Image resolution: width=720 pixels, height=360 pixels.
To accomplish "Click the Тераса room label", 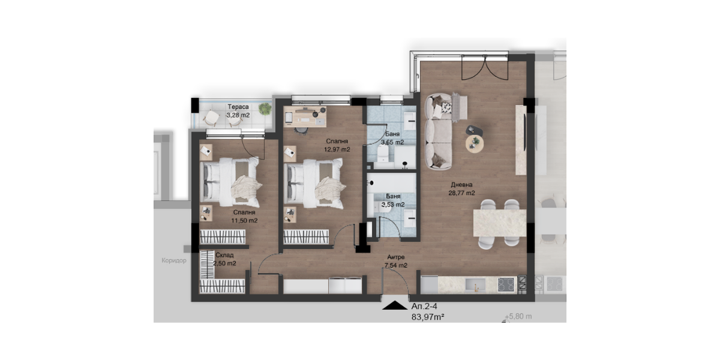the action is pyautogui.click(x=238, y=107).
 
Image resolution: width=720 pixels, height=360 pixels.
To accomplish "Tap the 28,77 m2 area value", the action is pyautogui.click(x=461, y=193).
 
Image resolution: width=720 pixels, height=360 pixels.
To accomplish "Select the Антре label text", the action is pyautogui.click(x=395, y=257).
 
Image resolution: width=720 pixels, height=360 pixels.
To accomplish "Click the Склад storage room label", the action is pyautogui.click(x=224, y=255).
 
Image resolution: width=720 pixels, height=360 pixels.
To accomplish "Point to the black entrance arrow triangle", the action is pyautogui.click(x=395, y=305).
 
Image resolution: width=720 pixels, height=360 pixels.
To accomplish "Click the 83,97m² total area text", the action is pyautogui.click(x=428, y=317).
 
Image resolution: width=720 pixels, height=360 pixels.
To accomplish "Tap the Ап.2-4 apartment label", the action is pyautogui.click(x=424, y=306).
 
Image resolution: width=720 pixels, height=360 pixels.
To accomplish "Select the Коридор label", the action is pyautogui.click(x=174, y=260).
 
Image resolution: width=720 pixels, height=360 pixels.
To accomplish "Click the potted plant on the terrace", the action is pyautogui.click(x=265, y=109).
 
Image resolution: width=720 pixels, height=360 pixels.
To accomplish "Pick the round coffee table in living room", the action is pyautogui.click(x=475, y=144).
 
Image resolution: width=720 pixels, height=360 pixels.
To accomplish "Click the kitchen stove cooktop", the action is pyautogui.click(x=506, y=284).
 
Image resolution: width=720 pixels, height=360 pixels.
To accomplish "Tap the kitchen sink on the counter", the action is pyautogui.click(x=475, y=285).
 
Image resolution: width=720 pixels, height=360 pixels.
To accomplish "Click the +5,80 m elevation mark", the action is pyautogui.click(x=518, y=316).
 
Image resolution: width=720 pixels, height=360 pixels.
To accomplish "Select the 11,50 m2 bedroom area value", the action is pyautogui.click(x=244, y=221).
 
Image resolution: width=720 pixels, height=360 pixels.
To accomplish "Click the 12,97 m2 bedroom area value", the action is pyautogui.click(x=337, y=149).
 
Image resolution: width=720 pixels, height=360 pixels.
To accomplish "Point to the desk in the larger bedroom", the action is pyautogui.click(x=305, y=116).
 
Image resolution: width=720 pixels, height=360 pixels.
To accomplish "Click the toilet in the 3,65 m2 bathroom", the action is pyautogui.click(x=383, y=154).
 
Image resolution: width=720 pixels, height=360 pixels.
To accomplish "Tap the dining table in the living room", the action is pyautogui.click(x=499, y=223).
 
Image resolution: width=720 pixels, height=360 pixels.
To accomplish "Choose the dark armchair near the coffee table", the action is pyautogui.click(x=475, y=131).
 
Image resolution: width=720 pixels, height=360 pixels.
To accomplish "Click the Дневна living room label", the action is pyautogui.click(x=461, y=185).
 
